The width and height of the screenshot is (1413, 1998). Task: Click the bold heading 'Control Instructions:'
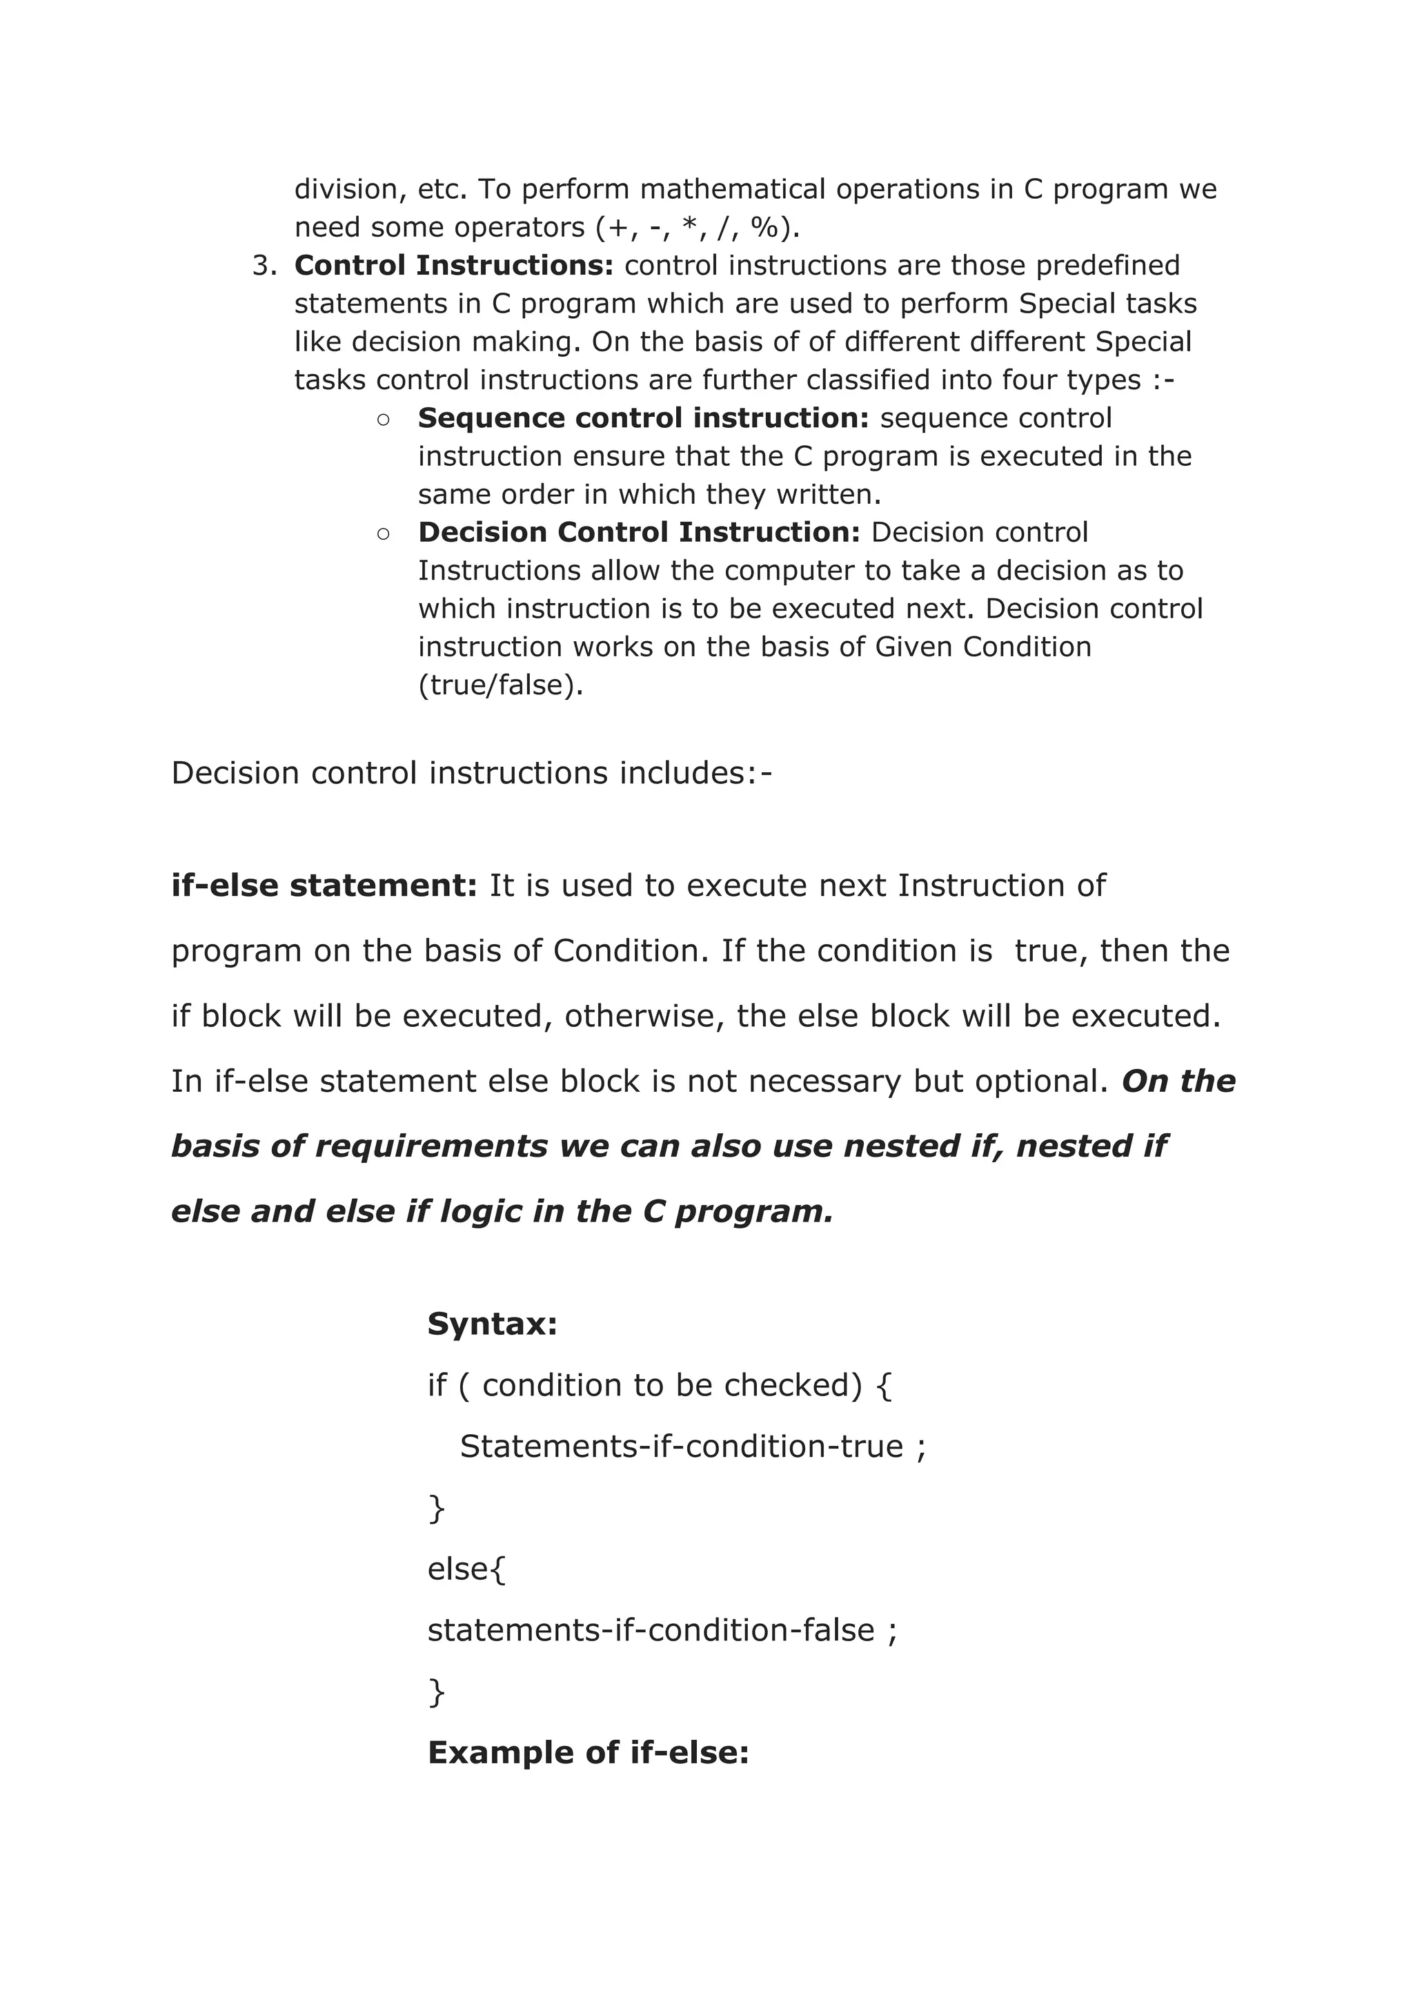coord(453,266)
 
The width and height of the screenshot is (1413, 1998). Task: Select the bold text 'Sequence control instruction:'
coord(643,418)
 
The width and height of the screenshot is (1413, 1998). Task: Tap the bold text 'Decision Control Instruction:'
coord(639,533)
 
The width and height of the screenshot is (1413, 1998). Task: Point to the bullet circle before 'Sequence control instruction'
coord(384,420)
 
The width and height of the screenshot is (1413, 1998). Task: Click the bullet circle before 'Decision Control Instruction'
coord(384,534)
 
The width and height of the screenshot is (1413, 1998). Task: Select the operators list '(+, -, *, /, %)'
coord(697,228)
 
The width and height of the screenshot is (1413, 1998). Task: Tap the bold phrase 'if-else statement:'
coord(324,886)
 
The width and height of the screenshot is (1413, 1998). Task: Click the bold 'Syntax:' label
coord(493,1324)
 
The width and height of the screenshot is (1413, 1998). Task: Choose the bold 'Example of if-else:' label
coord(588,1752)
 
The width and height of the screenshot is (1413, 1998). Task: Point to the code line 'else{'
coord(466,1569)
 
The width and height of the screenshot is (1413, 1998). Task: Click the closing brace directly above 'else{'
coord(436,1509)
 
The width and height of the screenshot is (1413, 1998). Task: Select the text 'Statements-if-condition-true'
coord(681,1447)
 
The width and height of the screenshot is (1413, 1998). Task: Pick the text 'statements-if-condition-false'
coord(650,1630)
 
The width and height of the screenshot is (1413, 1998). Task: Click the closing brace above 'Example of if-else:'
coord(436,1692)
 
